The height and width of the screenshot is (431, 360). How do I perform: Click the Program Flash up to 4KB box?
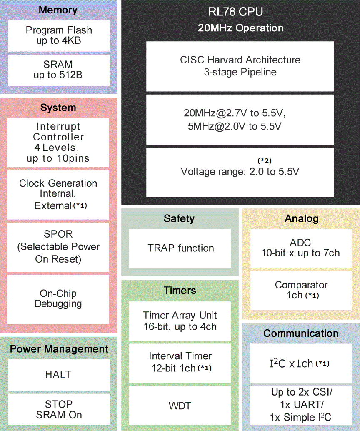tap(58, 35)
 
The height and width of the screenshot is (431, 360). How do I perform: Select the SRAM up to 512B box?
tap(58, 70)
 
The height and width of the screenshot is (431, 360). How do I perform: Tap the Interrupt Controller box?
tap(58, 142)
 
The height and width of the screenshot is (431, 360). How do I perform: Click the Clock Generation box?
tap(58, 194)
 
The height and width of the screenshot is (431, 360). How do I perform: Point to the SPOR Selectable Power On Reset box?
tap(58, 247)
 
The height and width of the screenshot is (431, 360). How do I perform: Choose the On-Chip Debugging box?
tap(58, 298)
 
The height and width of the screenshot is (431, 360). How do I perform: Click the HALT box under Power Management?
tap(58, 375)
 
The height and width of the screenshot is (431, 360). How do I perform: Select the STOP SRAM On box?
tap(58, 409)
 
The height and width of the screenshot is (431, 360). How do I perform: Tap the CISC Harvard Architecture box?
tap(240, 66)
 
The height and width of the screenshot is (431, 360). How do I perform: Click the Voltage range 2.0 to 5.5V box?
tap(240, 172)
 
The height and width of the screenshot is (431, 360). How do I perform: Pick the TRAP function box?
tap(180, 248)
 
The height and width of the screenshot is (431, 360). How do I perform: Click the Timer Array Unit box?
tap(180, 321)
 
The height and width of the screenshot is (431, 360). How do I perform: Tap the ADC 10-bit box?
tap(300, 248)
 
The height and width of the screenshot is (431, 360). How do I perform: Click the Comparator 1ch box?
tap(300, 291)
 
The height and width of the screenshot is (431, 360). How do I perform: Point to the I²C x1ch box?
tap(300, 363)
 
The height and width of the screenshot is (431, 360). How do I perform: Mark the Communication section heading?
tap(301, 333)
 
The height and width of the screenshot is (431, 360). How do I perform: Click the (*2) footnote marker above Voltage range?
tap(265, 160)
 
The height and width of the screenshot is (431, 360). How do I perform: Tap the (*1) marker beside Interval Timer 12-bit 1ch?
tap(204, 368)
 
